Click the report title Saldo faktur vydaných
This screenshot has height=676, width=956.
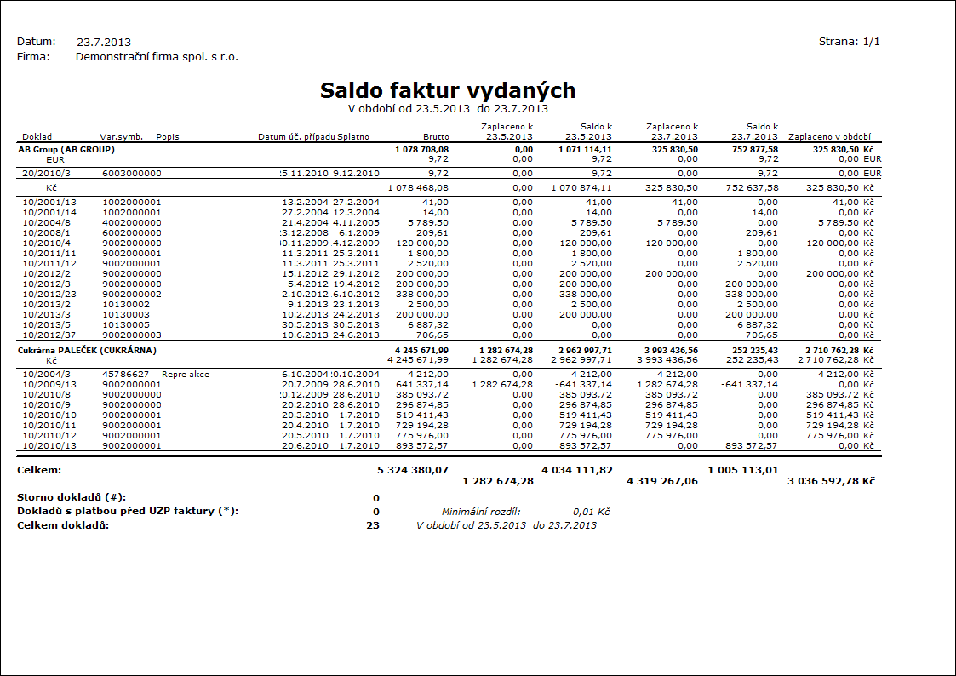click(x=448, y=91)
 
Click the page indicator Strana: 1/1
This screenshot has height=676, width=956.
click(x=849, y=41)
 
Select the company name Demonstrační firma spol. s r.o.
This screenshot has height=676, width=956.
click(x=157, y=57)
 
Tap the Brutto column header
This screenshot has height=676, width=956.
click(x=436, y=136)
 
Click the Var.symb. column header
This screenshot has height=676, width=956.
click(x=121, y=136)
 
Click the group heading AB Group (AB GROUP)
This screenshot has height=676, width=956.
click(x=66, y=149)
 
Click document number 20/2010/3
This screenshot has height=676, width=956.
click(x=43, y=173)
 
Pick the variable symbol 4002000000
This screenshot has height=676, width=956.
click(x=132, y=221)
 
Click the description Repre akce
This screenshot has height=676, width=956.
click(x=186, y=374)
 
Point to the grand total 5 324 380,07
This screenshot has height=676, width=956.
click(x=413, y=469)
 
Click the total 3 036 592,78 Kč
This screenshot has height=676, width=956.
click(x=832, y=481)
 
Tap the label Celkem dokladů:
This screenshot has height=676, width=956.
click(x=63, y=525)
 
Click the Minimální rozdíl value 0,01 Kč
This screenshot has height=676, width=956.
click(x=592, y=512)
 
